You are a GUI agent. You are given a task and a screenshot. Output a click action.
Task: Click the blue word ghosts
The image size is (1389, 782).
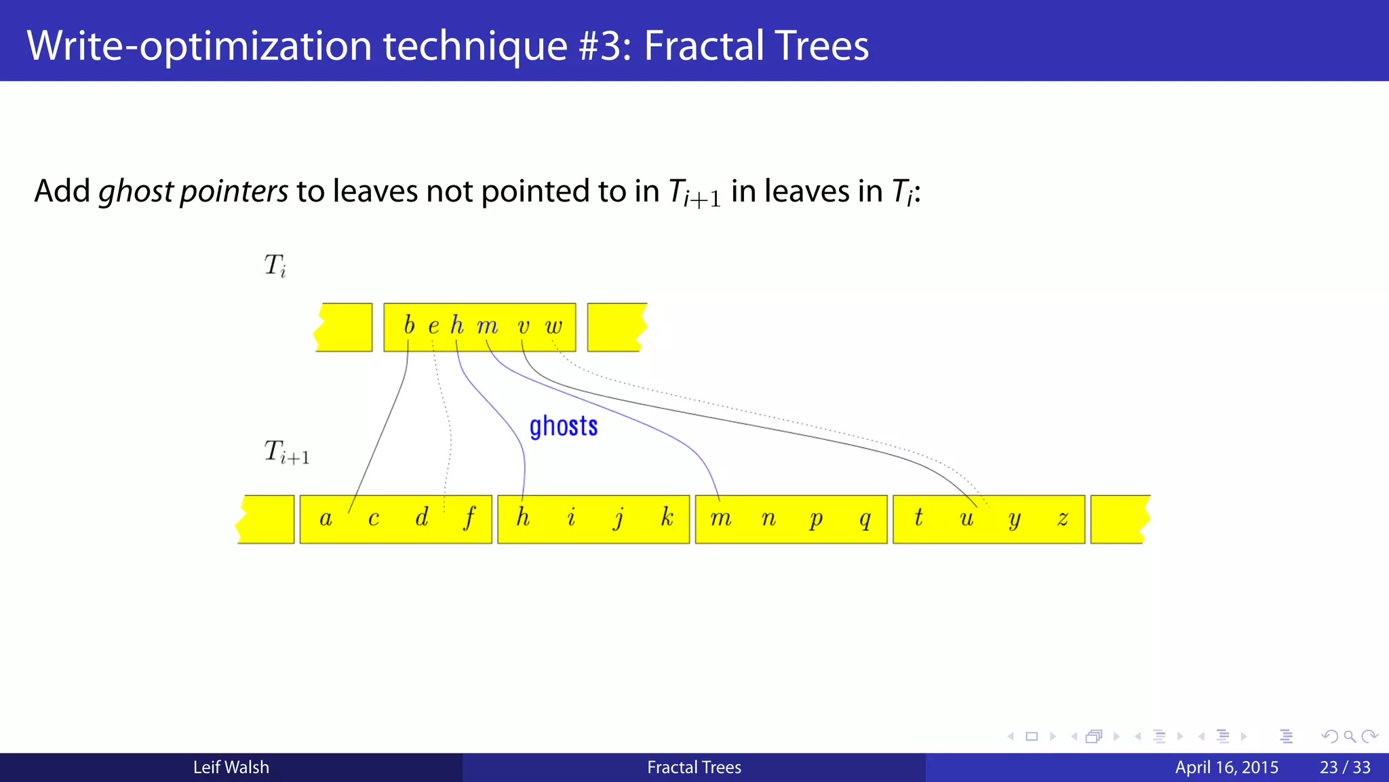click(563, 427)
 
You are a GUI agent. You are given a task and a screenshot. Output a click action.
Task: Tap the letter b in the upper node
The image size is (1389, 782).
click(408, 325)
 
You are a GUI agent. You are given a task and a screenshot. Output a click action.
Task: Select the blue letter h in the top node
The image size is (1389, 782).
click(457, 325)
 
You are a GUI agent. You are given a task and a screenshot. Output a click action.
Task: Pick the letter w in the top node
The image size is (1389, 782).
click(553, 327)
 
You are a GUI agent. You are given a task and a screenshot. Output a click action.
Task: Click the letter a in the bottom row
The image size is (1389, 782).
click(326, 519)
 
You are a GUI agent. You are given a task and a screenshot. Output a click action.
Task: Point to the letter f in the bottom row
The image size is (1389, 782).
click(469, 519)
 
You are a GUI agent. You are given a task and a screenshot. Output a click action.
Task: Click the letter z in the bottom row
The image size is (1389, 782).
click(1063, 519)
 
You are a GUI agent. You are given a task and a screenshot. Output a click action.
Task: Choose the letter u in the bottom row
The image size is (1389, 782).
click(966, 519)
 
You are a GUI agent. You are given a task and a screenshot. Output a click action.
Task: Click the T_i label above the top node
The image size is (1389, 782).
click(275, 265)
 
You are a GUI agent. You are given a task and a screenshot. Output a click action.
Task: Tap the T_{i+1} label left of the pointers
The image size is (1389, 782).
click(286, 452)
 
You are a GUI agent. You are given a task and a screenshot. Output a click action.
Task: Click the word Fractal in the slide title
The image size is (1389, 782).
click(701, 45)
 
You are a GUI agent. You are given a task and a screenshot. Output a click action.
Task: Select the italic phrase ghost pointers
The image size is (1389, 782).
click(193, 191)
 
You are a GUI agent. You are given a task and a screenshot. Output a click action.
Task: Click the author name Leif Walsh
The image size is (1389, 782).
click(231, 767)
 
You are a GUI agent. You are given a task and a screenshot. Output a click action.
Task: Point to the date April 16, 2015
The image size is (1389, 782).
click(1226, 767)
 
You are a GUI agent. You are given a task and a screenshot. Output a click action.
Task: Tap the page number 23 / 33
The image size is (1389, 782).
click(1344, 767)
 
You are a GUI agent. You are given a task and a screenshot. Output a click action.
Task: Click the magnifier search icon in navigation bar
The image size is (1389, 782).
click(1349, 737)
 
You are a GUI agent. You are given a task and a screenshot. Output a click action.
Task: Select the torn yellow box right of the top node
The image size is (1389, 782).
click(616, 327)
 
